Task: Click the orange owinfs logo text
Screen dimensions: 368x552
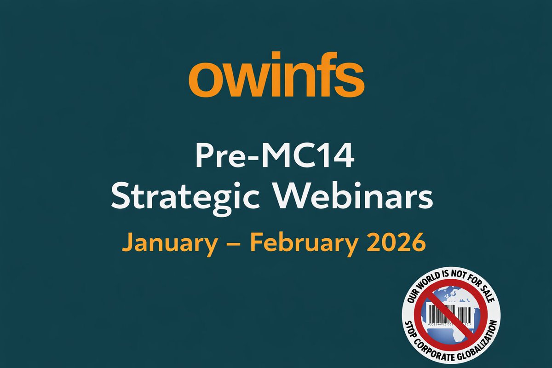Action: [276, 78]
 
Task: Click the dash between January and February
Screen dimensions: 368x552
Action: [233, 243]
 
